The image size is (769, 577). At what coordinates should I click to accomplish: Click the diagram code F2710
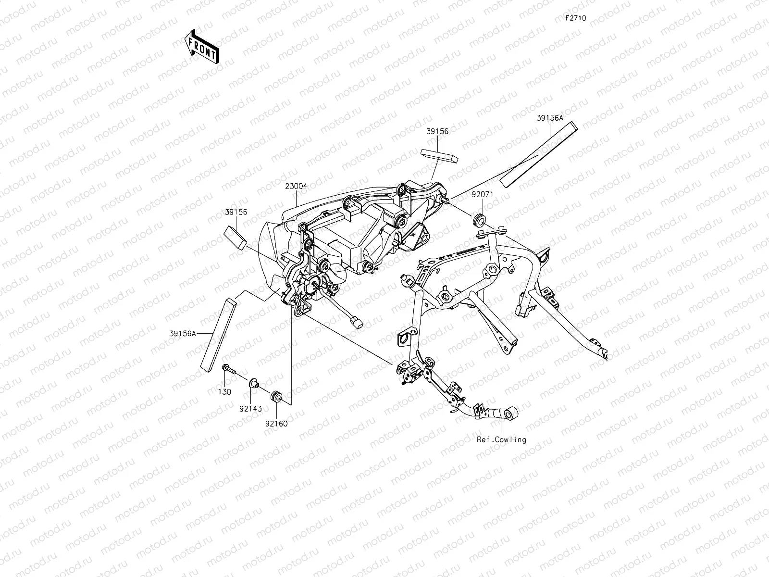pyautogui.click(x=575, y=18)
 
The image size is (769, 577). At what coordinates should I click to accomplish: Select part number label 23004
pyautogui.click(x=296, y=186)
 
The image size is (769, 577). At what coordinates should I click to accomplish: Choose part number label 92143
pyautogui.click(x=251, y=409)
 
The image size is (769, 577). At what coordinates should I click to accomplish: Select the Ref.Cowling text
pyautogui.click(x=501, y=439)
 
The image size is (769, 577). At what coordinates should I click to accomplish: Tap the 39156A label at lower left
pyautogui.click(x=182, y=333)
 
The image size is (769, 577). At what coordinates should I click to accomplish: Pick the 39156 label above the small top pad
pyautogui.click(x=437, y=131)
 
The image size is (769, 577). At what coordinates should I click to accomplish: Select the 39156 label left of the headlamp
pyautogui.click(x=236, y=212)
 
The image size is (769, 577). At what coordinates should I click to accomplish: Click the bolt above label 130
pyautogui.click(x=229, y=369)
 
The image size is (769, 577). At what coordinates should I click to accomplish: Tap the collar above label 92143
pyautogui.click(x=254, y=383)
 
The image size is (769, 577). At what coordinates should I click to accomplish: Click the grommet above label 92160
pyautogui.click(x=277, y=398)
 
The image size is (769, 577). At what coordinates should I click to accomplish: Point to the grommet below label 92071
pyautogui.click(x=479, y=220)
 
